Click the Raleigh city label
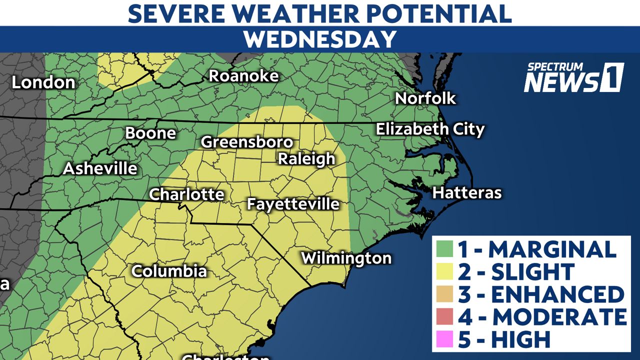click(x=306, y=159)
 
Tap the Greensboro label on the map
click(x=246, y=142)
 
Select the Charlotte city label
click(x=186, y=194)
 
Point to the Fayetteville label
click(x=293, y=204)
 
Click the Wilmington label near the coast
click(x=346, y=258)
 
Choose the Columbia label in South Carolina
click(x=169, y=271)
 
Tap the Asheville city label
click(x=100, y=168)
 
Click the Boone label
click(x=150, y=133)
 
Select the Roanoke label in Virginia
click(x=243, y=76)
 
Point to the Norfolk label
click(x=425, y=98)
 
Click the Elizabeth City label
click(x=430, y=129)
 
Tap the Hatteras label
click(x=466, y=192)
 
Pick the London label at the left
click(x=43, y=82)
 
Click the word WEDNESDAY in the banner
click(x=320, y=39)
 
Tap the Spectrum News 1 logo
click(x=573, y=78)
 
